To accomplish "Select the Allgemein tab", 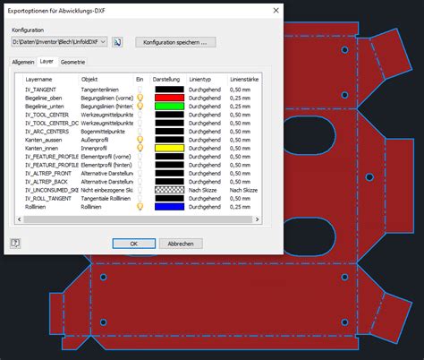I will coord(22,62).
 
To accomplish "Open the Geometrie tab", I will coord(74,62).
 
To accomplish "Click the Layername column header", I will coord(32,79).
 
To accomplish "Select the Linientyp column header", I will coord(200,79).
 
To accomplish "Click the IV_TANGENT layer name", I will coord(30,89).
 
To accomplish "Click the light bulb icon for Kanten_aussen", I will coord(140,140).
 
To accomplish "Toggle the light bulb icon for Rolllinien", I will coord(140,207).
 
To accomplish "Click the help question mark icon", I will coord(15,243).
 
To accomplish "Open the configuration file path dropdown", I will coord(105,41).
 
